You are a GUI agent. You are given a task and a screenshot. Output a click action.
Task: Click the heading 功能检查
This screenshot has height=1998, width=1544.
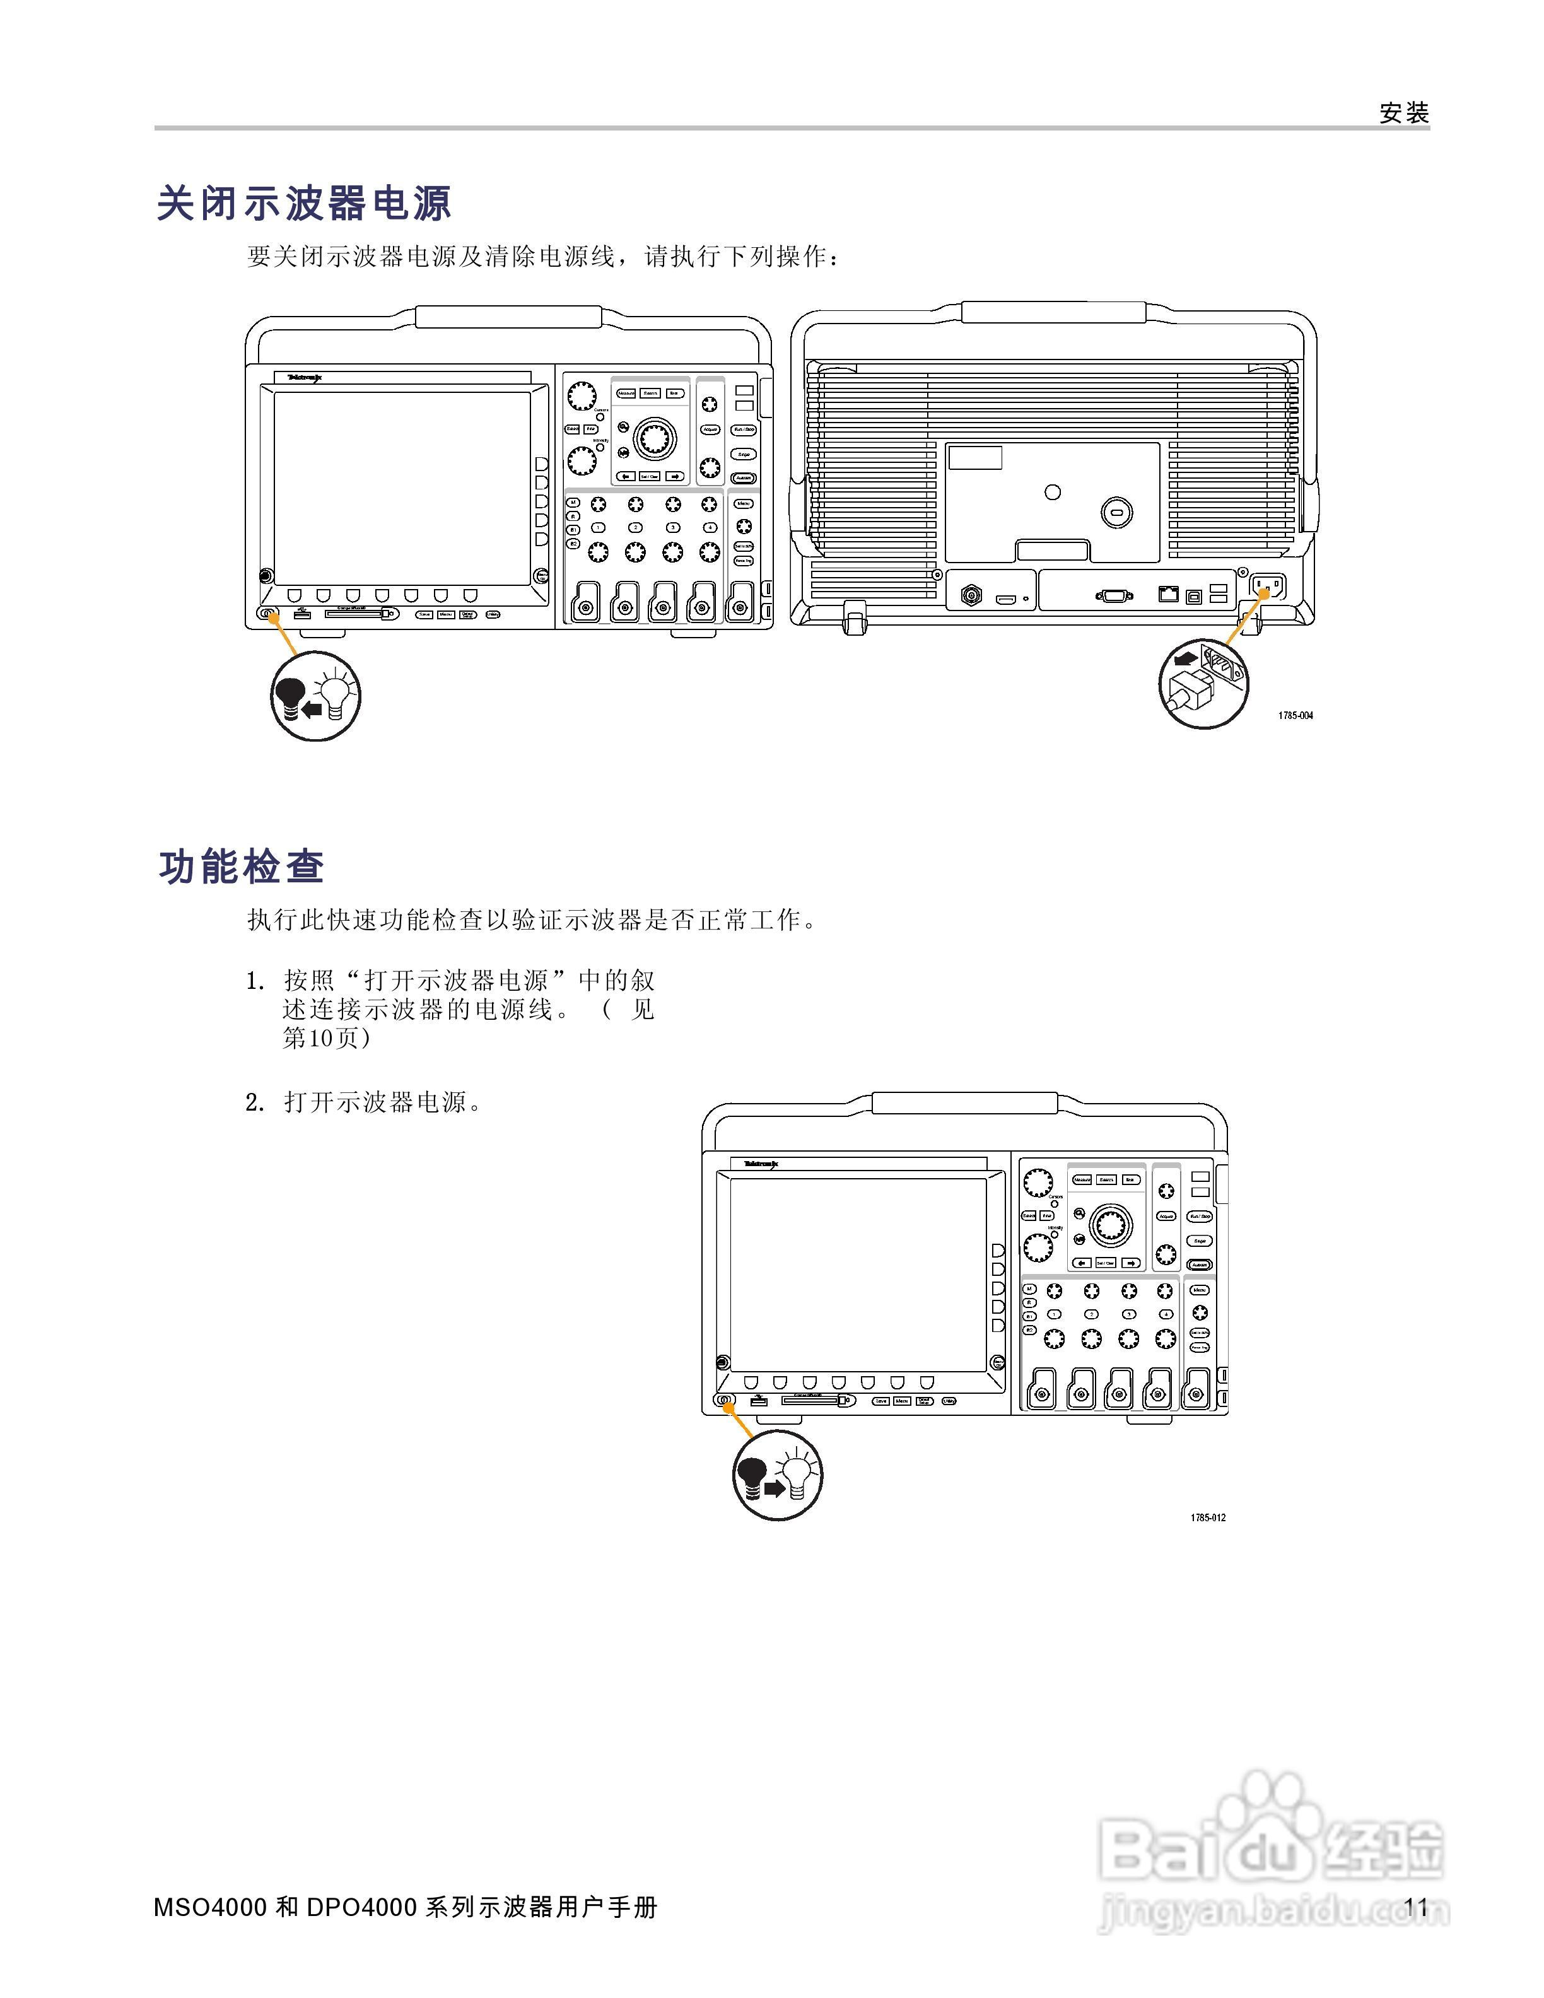[x=242, y=867]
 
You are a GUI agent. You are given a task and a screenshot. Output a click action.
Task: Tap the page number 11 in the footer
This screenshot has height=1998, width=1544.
[x=1416, y=1907]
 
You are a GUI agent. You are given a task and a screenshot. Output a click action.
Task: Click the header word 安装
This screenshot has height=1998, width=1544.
[x=1404, y=114]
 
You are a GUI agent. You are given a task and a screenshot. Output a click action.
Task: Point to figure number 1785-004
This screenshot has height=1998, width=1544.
[x=1295, y=715]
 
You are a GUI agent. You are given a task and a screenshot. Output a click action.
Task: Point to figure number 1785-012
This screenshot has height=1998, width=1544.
[x=1207, y=1517]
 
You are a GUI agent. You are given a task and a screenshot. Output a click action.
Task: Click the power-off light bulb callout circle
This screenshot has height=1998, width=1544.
[x=315, y=696]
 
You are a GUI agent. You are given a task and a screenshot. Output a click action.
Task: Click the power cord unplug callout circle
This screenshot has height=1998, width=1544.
[x=1204, y=682]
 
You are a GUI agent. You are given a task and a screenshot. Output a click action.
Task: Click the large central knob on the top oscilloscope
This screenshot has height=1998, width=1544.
[x=653, y=439]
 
